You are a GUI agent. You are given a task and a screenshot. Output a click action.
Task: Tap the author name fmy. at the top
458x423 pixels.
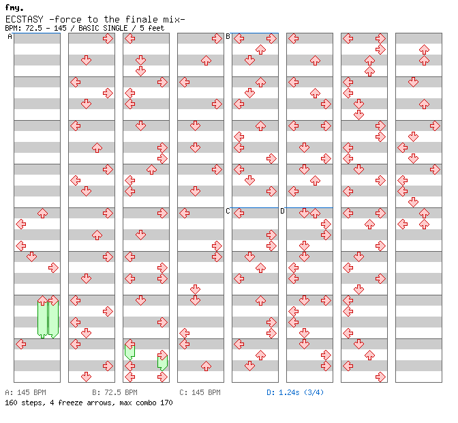click(x=14, y=8)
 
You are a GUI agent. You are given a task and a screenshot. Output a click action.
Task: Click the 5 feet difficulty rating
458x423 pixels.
click(x=151, y=28)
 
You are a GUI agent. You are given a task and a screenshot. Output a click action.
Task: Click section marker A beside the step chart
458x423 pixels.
click(x=10, y=37)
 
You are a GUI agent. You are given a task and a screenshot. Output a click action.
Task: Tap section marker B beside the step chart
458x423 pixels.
click(x=228, y=37)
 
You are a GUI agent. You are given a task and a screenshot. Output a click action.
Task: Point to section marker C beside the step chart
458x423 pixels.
click(x=228, y=211)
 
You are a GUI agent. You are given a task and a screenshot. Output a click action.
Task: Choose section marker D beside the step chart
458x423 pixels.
click(x=282, y=211)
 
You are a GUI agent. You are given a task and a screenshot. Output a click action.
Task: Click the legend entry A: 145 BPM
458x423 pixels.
click(x=25, y=393)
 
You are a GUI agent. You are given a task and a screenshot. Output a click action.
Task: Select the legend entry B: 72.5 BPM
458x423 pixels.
click(x=114, y=393)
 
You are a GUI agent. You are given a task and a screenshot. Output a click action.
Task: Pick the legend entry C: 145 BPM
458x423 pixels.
click(x=200, y=393)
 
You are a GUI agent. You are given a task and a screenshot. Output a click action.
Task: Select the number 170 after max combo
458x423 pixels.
click(x=166, y=403)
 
